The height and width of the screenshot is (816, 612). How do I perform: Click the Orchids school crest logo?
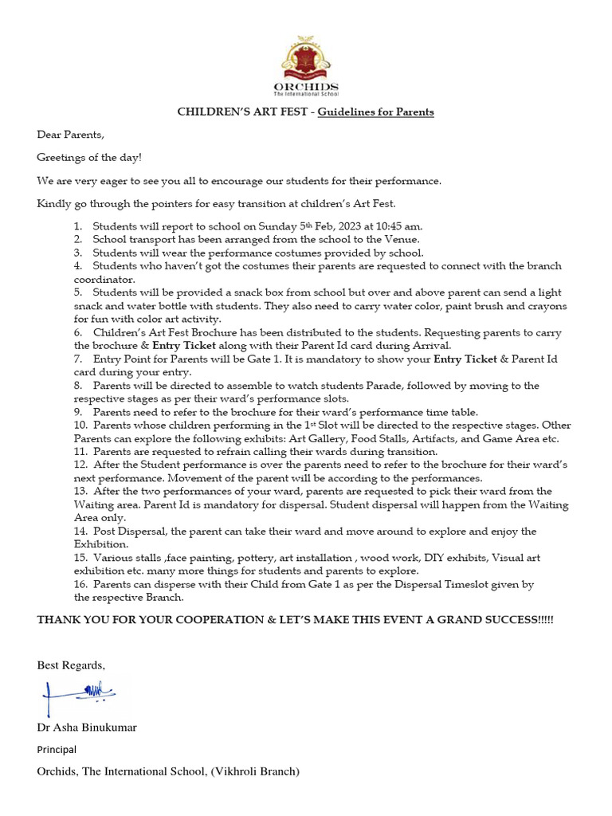(305, 57)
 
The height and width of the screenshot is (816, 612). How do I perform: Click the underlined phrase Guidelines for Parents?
(376, 112)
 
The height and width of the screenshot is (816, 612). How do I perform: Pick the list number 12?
(80, 464)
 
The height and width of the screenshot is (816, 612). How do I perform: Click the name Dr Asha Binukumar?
(87, 728)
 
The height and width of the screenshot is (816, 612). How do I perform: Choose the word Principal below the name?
(56, 750)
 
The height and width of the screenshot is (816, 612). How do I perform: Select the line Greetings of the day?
(89, 158)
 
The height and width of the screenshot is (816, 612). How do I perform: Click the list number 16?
(80, 584)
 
